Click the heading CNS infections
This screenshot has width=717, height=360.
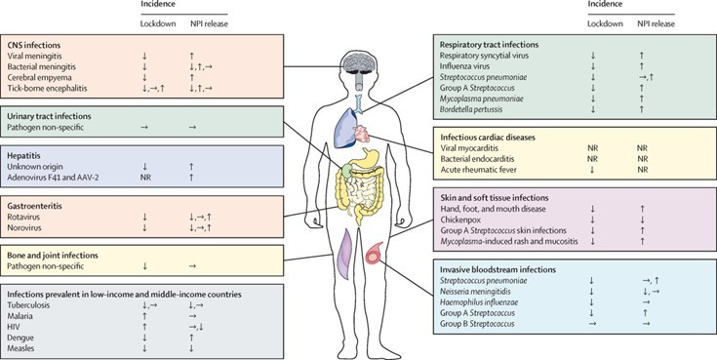34,45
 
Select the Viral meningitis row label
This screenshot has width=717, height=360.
34,56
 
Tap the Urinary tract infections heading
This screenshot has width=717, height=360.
49,117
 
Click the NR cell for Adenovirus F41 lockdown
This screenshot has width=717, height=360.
145,178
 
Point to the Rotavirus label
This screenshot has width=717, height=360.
21,217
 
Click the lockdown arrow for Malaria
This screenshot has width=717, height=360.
145,316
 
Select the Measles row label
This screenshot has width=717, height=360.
20,348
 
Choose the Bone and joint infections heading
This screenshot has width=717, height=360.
53,256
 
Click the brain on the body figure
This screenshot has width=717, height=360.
358,63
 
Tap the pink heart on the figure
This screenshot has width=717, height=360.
361,134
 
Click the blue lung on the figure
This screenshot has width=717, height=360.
344,129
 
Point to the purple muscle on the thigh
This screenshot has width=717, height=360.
344,253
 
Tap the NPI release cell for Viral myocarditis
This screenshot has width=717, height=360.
642,148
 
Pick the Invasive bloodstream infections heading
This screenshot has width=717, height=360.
498,270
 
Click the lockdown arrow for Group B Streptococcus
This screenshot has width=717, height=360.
592,324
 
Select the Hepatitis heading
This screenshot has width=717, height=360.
22,156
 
